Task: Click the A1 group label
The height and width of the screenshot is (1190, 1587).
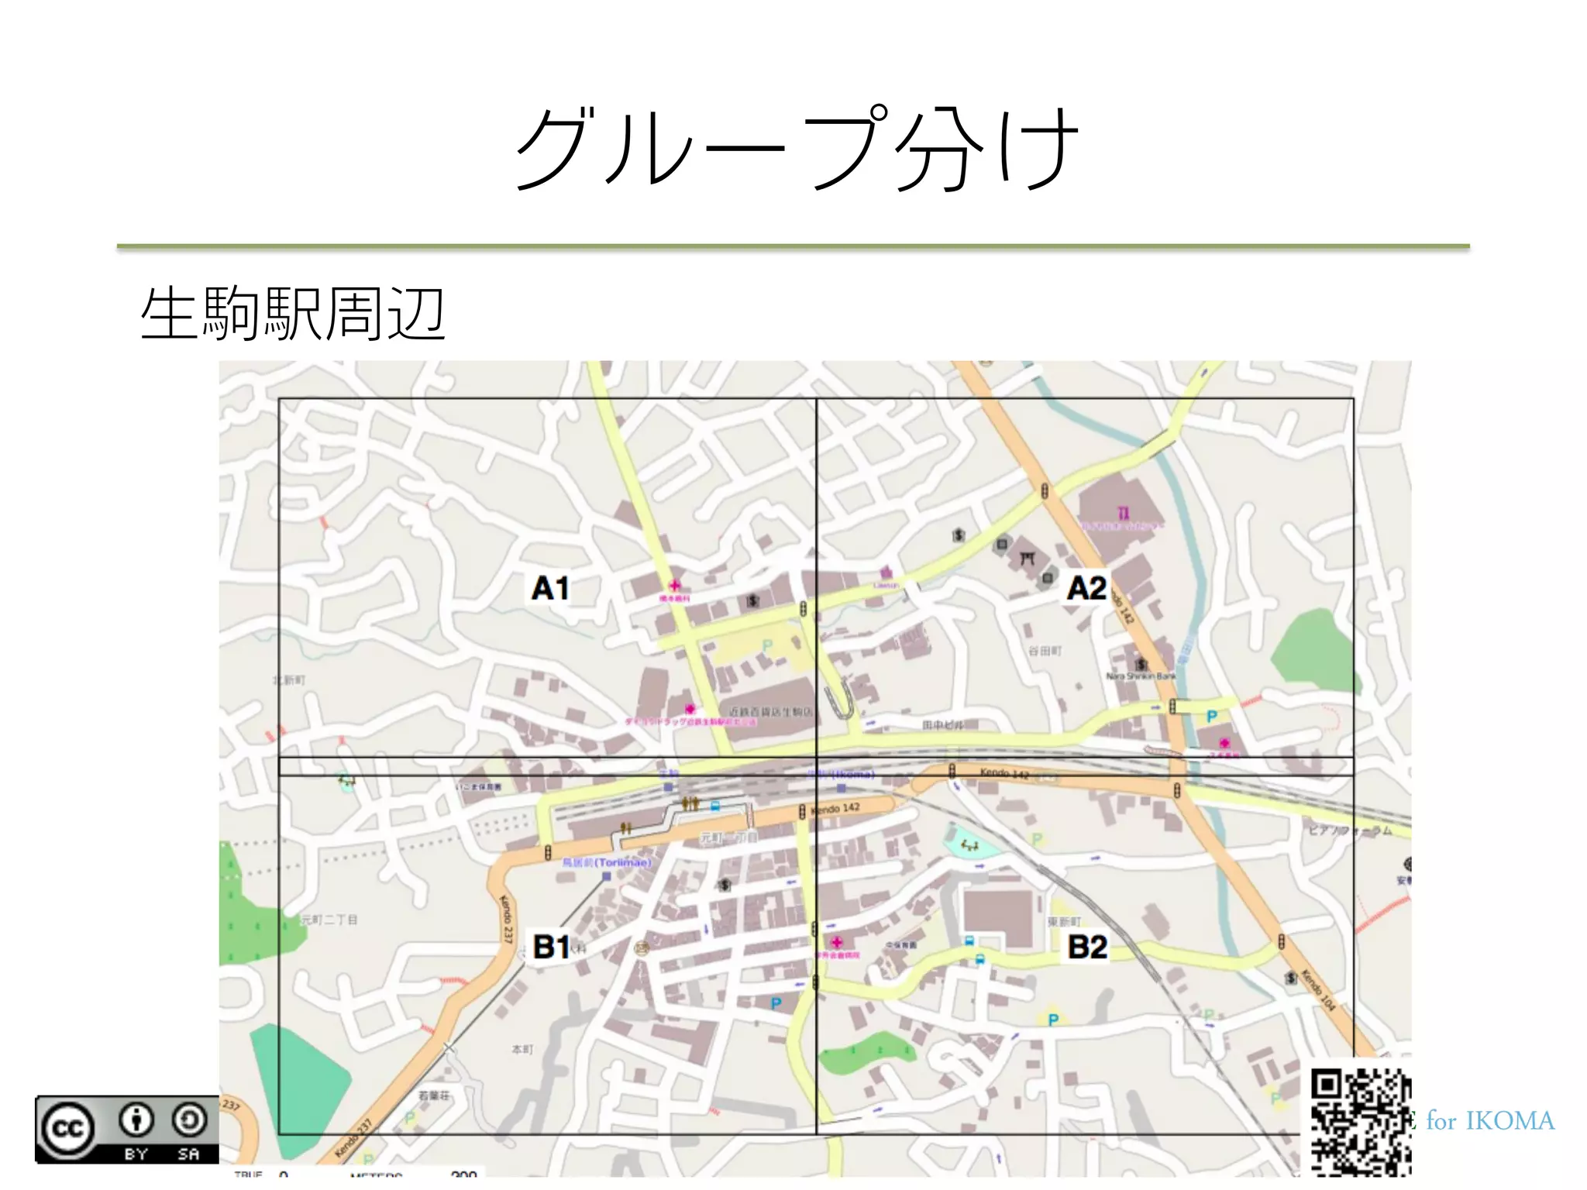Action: pyautogui.click(x=550, y=588)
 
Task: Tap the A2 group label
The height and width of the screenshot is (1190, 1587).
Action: pyautogui.click(x=1086, y=588)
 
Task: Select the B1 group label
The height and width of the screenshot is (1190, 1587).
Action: pyautogui.click(x=552, y=946)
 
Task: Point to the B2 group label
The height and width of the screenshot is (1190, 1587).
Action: pyautogui.click(x=1087, y=947)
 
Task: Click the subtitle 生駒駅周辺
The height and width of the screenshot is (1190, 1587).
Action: pyautogui.click(x=293, y=314)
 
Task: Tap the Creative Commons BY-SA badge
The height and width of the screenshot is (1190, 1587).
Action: pyautogui.click(x=126, y=1129)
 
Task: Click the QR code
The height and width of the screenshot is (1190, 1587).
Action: pyautogui.click(x=1360, y=1120)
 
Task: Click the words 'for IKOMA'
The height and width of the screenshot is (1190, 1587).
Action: pyautogui.click(x=1489, y=1121)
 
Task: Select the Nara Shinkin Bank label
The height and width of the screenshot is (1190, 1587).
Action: pyautogui.click(x=1141, y=676)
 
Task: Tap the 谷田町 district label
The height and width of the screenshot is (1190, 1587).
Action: pyautogui.click(x=1045, y=651)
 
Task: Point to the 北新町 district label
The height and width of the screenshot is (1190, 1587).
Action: pyautogui.click(x=289, y=680)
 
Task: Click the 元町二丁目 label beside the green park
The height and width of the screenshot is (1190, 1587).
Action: pyautogui.click(x=329, y=920)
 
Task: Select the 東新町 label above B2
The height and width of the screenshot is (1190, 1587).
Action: pyautogui.click(x=1063, y=921)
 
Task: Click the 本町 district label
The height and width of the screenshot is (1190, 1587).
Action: pyautogui.click(x=522, y=1049)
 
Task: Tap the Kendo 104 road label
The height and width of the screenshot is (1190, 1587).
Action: pyautogui.click(x=1317, y=989)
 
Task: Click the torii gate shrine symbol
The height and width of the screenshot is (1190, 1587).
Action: pyautogui.click(x=1028, y=557)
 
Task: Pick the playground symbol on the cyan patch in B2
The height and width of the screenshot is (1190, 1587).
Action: pyautogui.click(x=969, y=844)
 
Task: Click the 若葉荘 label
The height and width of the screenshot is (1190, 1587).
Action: pyautogui.click(x=433, y=1095)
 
